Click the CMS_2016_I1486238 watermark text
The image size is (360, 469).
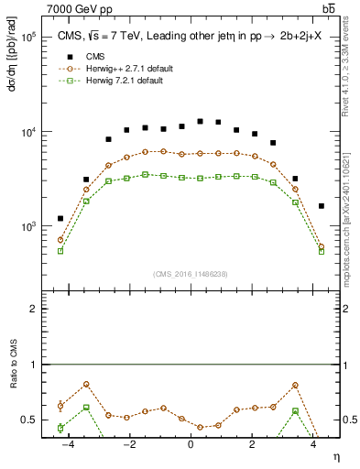[x=190, y=273]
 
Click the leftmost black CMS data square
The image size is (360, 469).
[x=60, y=218]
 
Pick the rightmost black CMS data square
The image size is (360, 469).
[x=321, y=206]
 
